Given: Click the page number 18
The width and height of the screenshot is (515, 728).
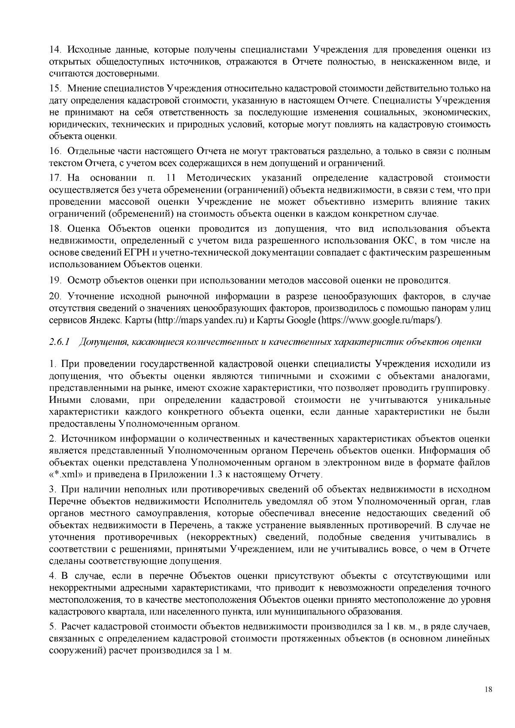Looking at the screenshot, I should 488,690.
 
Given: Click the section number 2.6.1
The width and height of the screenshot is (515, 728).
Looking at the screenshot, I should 60,342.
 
